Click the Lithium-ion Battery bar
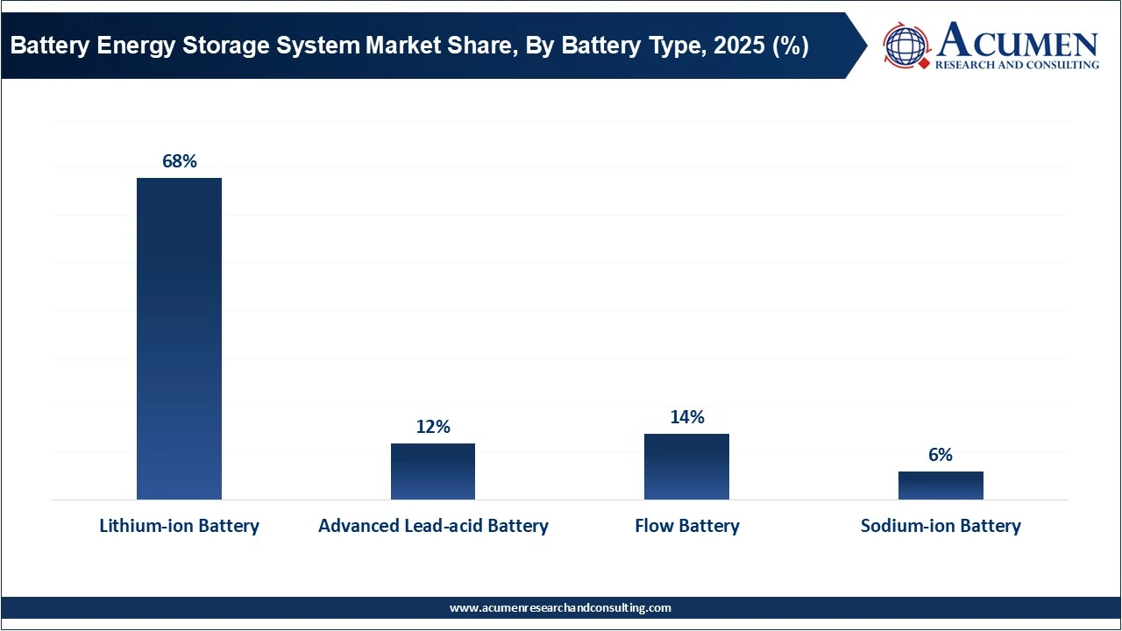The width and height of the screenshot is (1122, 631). pos(179,338)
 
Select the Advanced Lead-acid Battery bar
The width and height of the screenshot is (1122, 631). pos(433,471)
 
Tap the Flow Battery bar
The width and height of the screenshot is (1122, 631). pos(686,466)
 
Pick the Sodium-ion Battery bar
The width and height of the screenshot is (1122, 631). pos(941,486)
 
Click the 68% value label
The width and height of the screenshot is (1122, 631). pos(179,161)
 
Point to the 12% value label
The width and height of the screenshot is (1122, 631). pos(433,427)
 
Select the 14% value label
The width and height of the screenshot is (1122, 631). pos(686,417)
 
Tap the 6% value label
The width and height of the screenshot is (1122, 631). pos(941,455)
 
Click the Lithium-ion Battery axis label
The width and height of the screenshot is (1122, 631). pos(179,526)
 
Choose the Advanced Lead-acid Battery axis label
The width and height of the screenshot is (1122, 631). pos(433,526)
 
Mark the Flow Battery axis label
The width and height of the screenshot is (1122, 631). pos(686,526)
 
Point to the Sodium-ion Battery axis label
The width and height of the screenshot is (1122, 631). pos(941,526)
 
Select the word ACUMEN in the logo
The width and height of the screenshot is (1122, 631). pos(1017,41)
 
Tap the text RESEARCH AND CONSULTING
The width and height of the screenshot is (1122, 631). pos(1017,65)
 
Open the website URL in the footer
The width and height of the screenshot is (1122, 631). pos(560,607)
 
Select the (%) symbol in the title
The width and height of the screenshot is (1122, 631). pos(789,46)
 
